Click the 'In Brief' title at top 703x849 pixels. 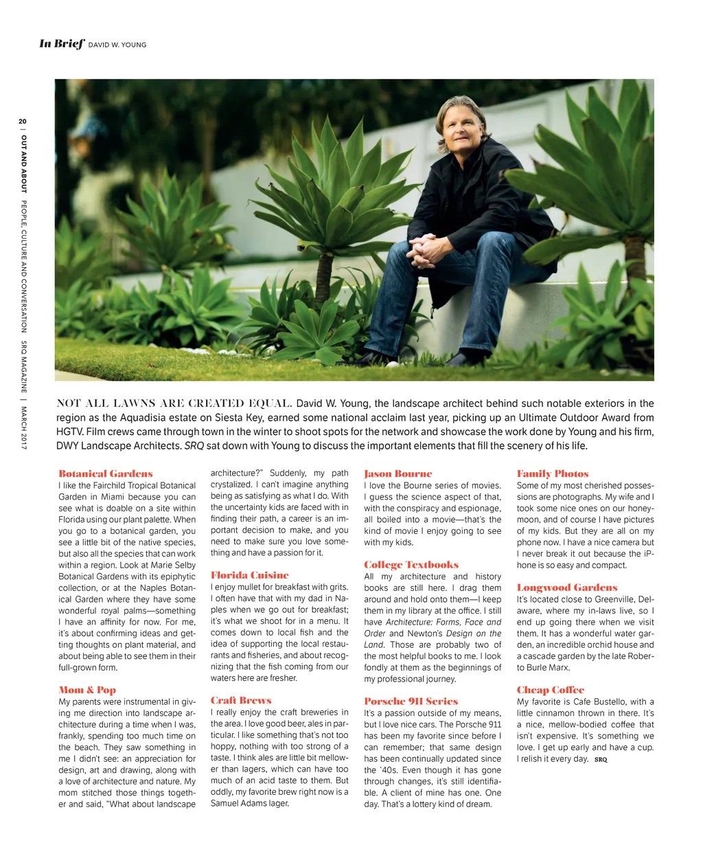[x=62, y=44]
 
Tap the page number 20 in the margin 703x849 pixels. [x=23, y=121]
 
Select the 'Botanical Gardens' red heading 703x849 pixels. [x=106, y=474]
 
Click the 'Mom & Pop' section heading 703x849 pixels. [x=87, y=690]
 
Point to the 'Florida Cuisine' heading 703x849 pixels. [x=249, y=575]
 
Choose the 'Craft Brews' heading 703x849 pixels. [x=241, y=700]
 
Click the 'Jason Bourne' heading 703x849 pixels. [x=398, y=474]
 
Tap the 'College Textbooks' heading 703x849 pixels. [x=411, y=564]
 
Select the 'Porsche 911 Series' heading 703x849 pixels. [x=411, y=701]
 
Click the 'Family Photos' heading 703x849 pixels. [x=553, y=474]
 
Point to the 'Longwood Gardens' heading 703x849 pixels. [x=567, y=588]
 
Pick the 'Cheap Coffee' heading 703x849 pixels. [x=551, y=690]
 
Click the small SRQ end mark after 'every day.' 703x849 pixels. [x=601, y=760]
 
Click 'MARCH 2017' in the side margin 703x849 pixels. [x=23, y=428]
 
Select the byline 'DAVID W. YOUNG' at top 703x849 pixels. [x=117, y=45]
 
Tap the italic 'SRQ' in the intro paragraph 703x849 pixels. [x=194, y=446]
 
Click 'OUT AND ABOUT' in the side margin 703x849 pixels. [x=23, y=163]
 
